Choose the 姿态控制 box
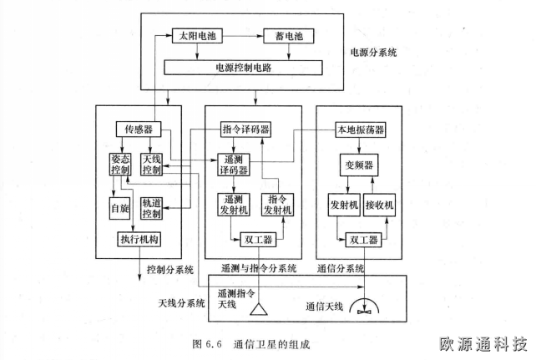pos(121,165)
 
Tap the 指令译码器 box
pos(246,129)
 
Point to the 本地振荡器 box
pos(360,129)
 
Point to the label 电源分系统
pos(374,52)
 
